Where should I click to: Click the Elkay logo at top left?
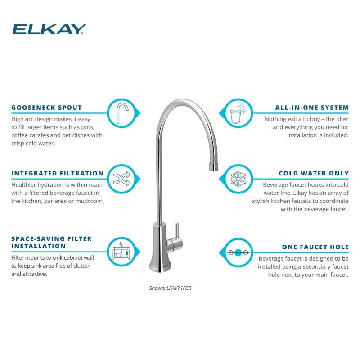(x=49, y=29)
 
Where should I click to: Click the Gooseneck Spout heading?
(x=47, y=108)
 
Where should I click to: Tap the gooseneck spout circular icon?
(x=122, y=113)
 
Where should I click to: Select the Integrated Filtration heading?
(x=58, y=173)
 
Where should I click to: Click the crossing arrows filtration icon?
(x=122, y=179)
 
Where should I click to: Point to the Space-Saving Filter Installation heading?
(x=51, y=243)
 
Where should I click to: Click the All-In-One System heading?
(x=312, y=108)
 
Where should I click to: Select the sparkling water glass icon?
(x=238, y=113)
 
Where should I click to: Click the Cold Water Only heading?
(x=314, y=173)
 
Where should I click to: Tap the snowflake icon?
(x=238, y=179)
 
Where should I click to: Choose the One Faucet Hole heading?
(x=315, y=247)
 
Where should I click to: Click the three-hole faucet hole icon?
(x=238, y=253)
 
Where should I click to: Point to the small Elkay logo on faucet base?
(x=164, y=266)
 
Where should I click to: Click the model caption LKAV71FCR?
(x=170, y=288)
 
